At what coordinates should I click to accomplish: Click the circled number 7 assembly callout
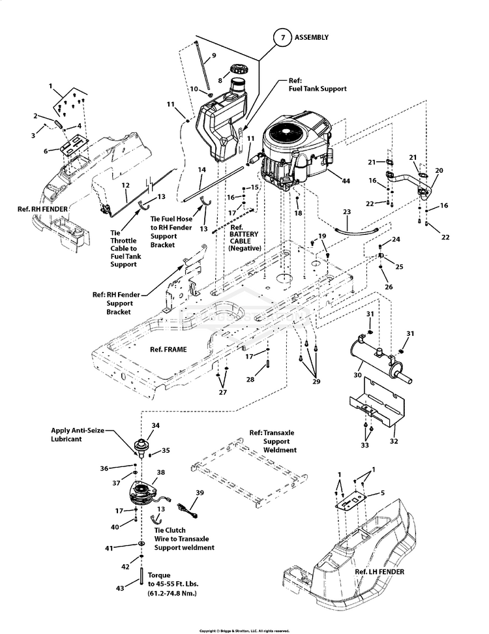click(x=283, y=38)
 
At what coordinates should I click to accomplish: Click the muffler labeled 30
click(x=381, y=360)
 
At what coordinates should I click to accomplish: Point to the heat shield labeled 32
click(x=377, y=401)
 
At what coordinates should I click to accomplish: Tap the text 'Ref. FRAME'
click(x=168, y=350)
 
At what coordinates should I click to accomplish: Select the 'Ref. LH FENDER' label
click(x=379, y=572)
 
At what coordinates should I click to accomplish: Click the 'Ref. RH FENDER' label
click(x=43, y=209)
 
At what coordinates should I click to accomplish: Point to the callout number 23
click(x=347, y=212)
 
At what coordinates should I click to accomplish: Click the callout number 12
click(x=126, y=186)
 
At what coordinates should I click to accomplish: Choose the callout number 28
click(x=250, y=379)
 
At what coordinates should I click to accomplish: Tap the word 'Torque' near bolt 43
click(x=159, y=575)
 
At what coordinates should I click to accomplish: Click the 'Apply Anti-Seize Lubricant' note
click(x=77, y=434)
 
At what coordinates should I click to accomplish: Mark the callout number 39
click(x=200, y=493)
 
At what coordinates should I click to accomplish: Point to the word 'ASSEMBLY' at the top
click(x=311, y=37)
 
